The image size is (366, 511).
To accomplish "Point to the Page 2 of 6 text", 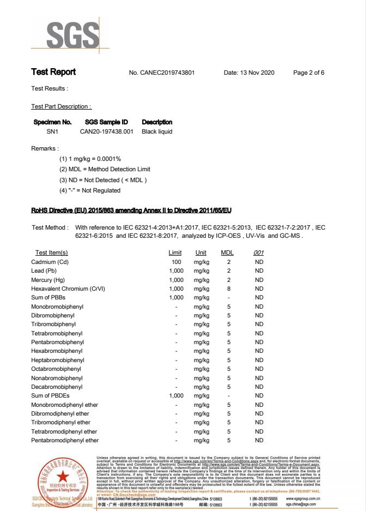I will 309,73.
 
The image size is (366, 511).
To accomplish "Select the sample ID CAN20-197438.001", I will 107,131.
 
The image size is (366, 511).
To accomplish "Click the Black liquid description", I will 157,131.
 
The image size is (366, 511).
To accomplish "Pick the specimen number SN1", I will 52,131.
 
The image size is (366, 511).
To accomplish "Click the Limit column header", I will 175,253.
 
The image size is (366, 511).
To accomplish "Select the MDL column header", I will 227,253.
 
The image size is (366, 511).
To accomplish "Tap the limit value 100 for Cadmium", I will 176,262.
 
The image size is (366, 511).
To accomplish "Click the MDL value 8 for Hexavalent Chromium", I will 229,288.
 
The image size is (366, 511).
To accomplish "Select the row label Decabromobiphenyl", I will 56,387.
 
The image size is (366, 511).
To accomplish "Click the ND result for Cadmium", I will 259,262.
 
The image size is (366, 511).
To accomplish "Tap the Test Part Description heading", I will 62,106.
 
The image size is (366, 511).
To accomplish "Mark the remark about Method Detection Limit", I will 105,169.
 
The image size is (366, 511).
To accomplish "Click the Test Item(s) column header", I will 52,253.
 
